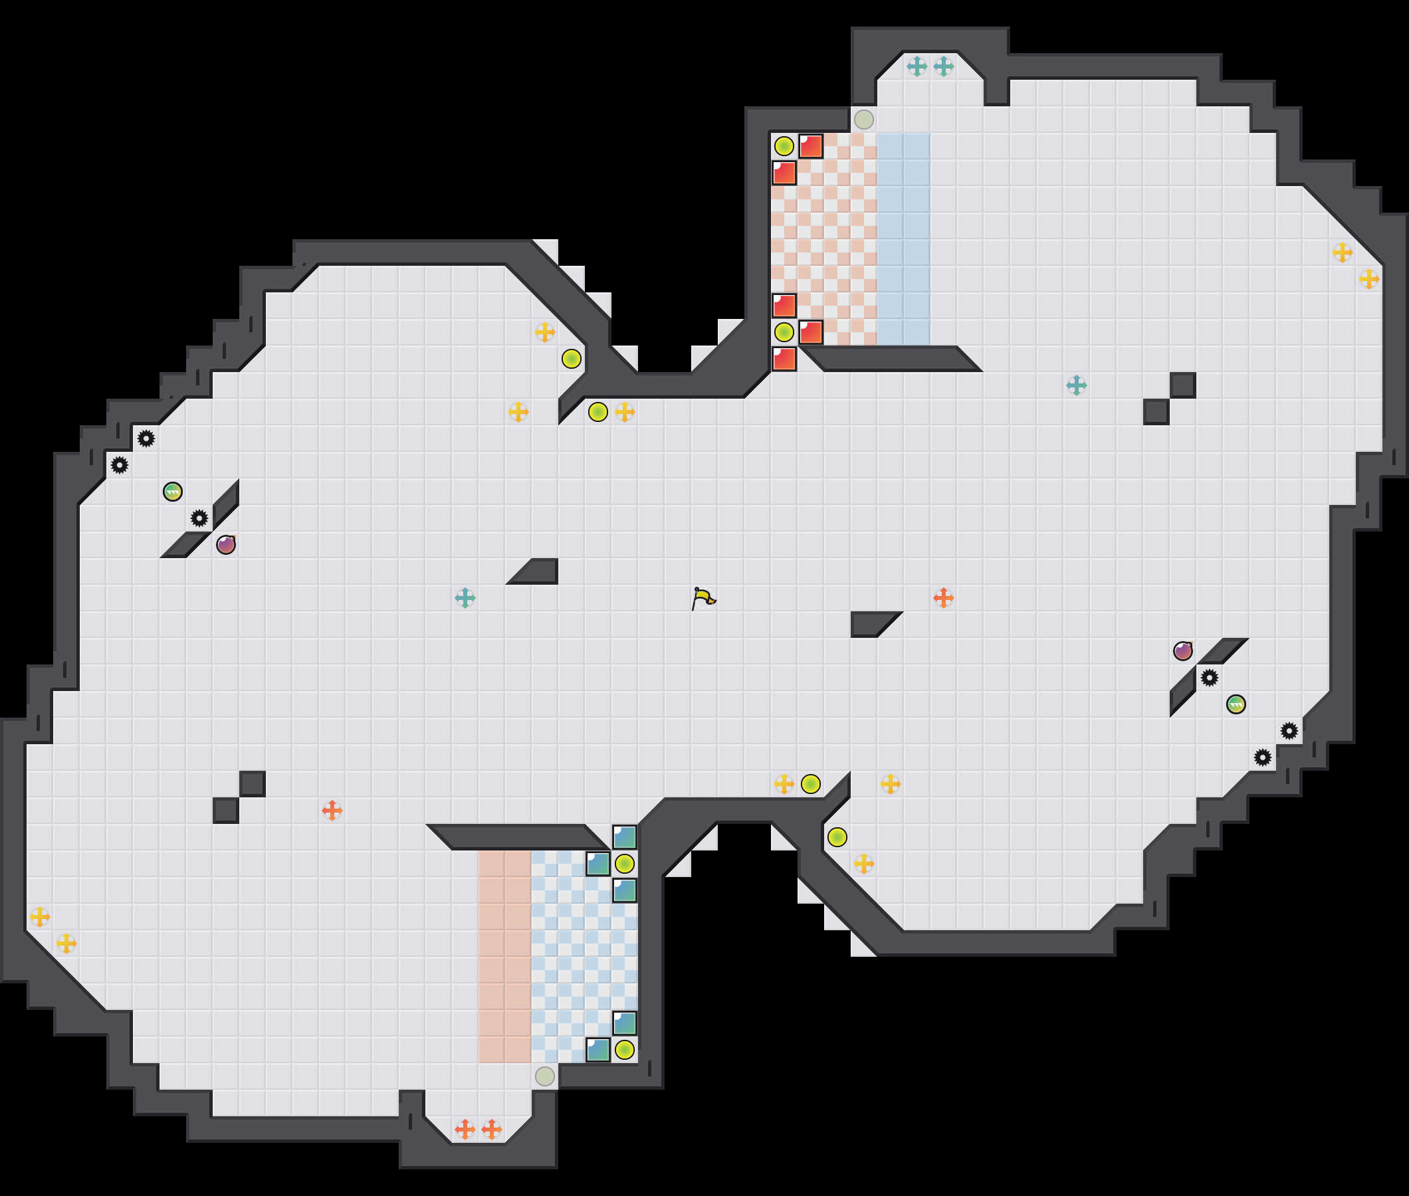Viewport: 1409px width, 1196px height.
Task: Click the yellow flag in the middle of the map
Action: [703, 598]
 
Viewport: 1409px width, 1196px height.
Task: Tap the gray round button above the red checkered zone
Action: [863, 120]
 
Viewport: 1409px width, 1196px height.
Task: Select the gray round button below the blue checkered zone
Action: [544, 1076]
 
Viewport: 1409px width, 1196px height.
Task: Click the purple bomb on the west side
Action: [226, 544]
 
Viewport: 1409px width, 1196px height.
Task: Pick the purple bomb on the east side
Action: [1182, 651]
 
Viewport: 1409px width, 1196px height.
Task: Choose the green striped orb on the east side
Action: [1236, 704]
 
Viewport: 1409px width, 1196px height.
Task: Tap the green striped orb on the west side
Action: [173, 492]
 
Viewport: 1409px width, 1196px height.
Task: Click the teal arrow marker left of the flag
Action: [465, 598]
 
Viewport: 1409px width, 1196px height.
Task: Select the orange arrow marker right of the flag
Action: [943, 598]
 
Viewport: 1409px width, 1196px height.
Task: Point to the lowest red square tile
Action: [784, 359]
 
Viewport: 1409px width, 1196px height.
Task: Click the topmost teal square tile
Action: [625, 837]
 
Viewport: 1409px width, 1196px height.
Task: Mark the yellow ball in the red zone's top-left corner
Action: [784, 146]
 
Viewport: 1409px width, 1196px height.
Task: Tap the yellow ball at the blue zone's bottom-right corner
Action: [625, 1050]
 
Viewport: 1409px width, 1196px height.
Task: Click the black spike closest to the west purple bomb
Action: [199, 519]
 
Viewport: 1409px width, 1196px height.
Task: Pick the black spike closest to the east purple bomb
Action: [1209, 677]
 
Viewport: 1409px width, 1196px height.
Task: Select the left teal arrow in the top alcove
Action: [917, 66]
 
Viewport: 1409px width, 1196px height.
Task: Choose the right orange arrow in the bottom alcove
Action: [492, 1130]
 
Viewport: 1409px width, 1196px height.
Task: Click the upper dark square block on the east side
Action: [1182, 385]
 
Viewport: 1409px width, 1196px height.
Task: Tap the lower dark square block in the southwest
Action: [226, 810]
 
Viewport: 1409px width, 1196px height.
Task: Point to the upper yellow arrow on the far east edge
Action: [1342, 252]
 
